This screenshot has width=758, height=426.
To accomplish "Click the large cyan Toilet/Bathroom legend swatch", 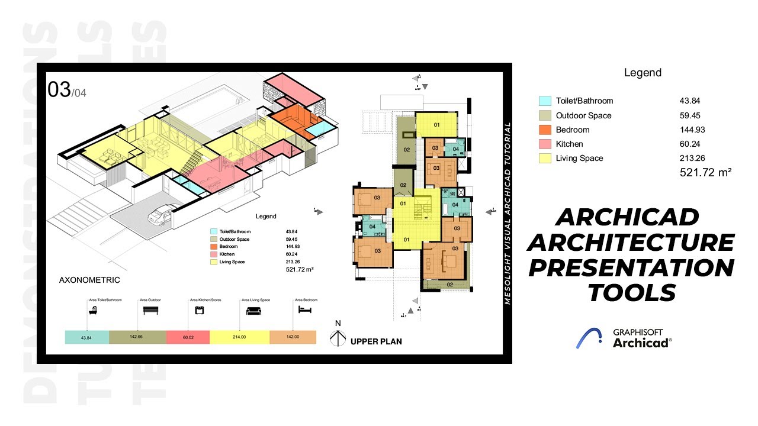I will pyautogui.click(x=545, y=101).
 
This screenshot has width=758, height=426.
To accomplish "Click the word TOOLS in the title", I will pyautogui.click(x=631, y=292).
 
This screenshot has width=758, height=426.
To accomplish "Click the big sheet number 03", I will pyautogui.click(x=59, y=90).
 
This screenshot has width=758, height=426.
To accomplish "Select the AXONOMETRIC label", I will pyautogui.click(x=89, y=280).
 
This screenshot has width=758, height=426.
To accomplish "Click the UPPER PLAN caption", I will pyautogui.click(x=376, y=341).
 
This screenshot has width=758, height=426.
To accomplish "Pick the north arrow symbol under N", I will pyautogui.click(x=338, y=338).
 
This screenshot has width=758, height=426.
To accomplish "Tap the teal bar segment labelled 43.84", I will pyautogui.click(x=87, y=337).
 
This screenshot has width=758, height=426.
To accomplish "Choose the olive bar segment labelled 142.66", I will pyautogui.click(x=137, y=337).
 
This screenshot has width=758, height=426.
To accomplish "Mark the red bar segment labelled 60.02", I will pyautogui.click(x=188, y=337).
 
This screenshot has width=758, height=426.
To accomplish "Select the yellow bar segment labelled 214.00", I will pyautogui.click(x=240, y=337).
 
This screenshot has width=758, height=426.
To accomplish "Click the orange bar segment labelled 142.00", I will pyautogui.click(x=293, y=337).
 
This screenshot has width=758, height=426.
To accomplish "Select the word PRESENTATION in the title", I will pyautogui.click(x=631, y=268).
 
